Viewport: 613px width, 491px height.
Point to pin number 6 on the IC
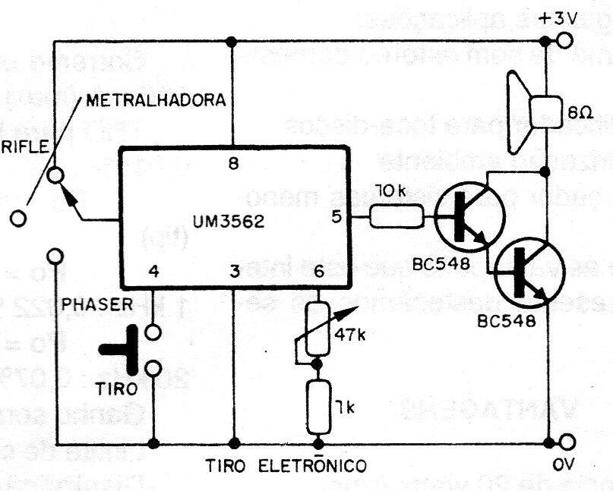click(318, 271)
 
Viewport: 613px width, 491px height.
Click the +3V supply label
click(556, 18)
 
